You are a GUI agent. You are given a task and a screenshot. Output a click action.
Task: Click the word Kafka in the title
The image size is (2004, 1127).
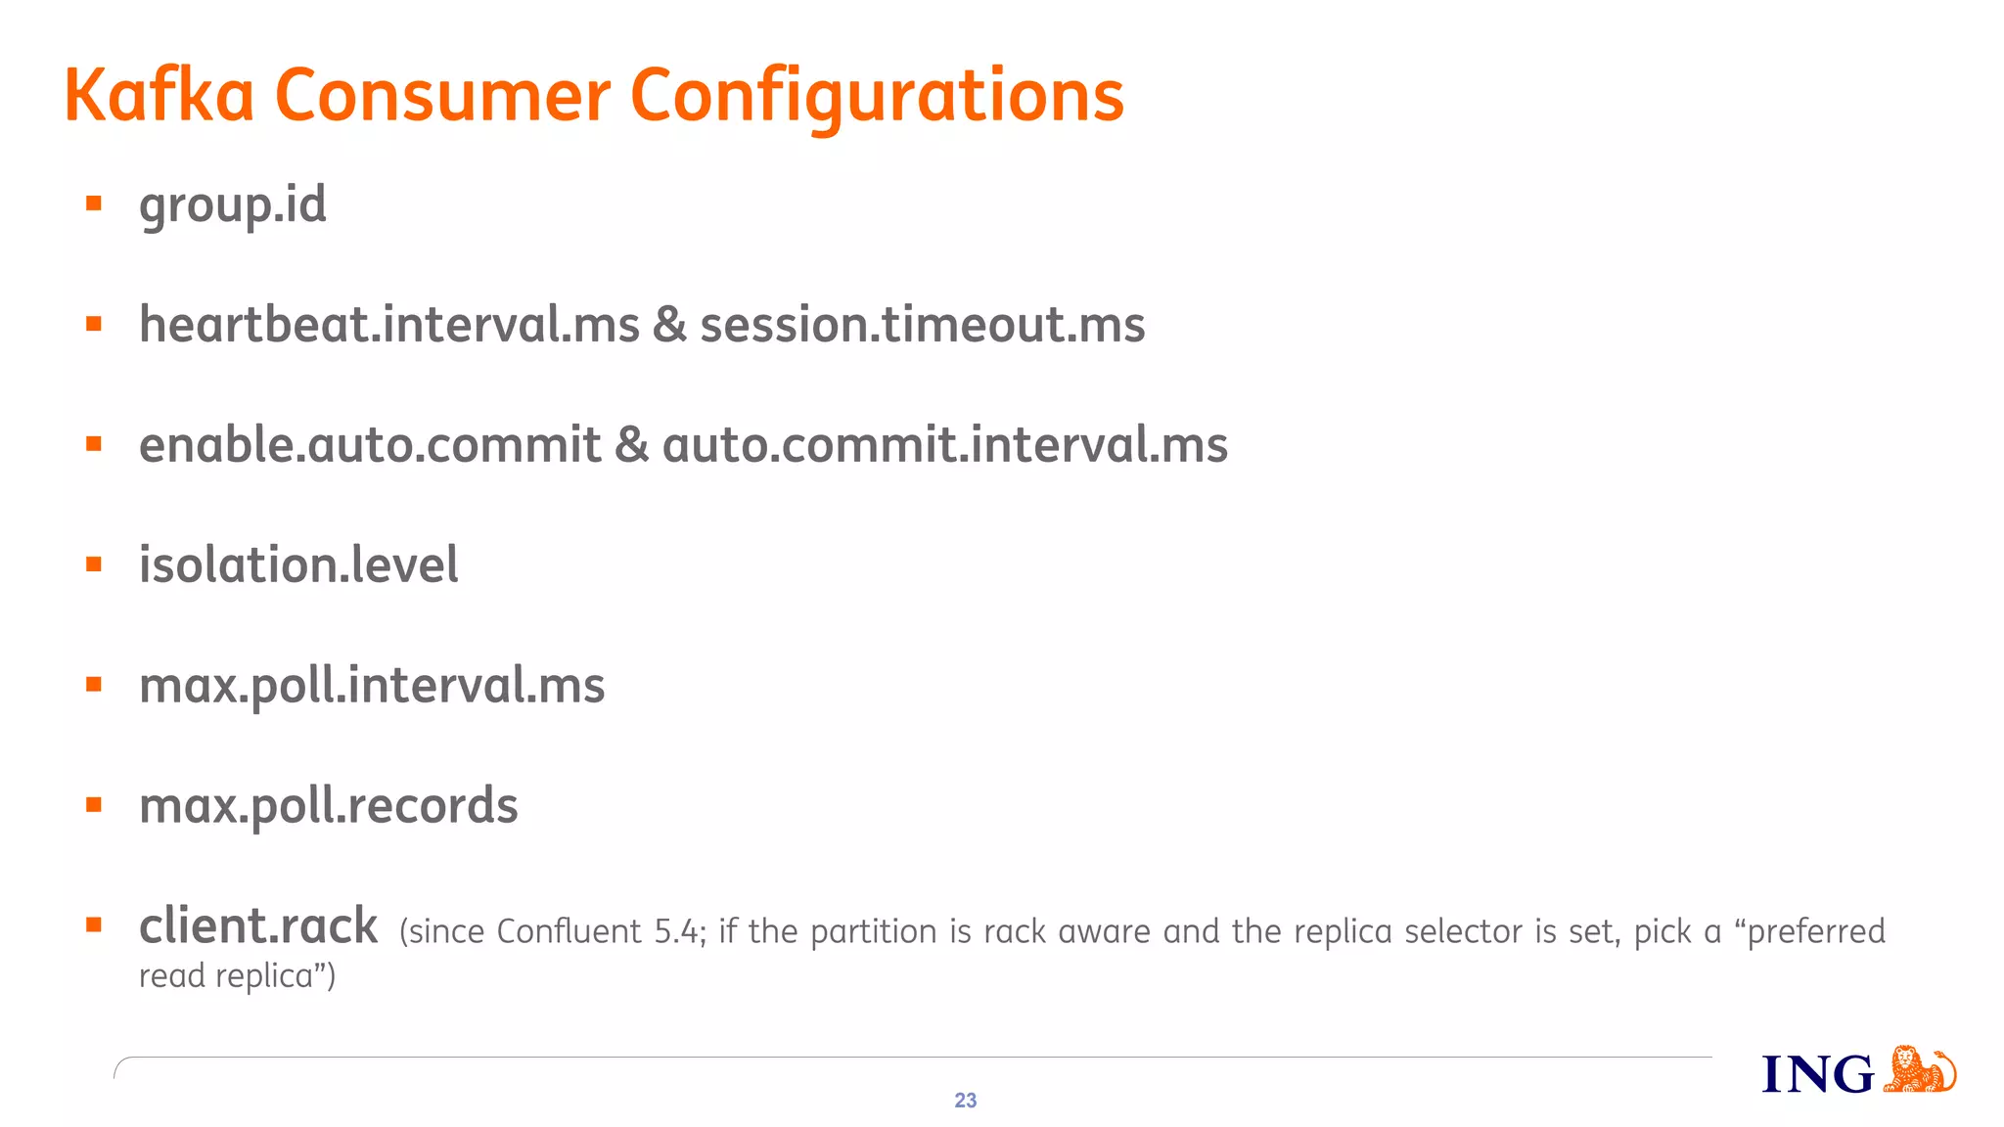159,96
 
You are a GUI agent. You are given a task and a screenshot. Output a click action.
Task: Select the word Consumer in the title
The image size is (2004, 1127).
442,96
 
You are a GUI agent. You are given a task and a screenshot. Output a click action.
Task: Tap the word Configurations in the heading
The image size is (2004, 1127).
877,98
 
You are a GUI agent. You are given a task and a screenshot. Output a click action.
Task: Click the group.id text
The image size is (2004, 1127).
232,205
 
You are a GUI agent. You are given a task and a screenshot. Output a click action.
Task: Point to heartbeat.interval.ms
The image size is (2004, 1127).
388,325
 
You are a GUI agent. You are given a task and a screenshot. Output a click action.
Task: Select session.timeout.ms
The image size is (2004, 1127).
922,325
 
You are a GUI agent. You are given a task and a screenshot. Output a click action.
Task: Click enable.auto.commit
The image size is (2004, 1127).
370,445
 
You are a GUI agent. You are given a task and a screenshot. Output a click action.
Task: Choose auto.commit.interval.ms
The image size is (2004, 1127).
944,445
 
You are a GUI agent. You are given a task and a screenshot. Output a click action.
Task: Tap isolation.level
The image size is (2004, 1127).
298,565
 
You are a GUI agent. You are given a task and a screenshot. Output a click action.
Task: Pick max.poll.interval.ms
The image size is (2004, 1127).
372,686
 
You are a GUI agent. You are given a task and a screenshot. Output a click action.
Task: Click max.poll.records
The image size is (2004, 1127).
328,806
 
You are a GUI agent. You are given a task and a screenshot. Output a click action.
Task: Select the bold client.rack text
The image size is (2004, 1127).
258,926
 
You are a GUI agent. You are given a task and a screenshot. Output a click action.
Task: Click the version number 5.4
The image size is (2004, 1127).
677,931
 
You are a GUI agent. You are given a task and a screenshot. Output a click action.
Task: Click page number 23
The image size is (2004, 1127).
965,1101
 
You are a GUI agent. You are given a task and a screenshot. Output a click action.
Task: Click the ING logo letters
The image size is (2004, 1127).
1817,1074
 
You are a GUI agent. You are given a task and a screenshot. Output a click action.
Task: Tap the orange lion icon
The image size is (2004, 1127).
1919,1069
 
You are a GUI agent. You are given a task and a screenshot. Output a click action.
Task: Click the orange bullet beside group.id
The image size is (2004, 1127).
94,203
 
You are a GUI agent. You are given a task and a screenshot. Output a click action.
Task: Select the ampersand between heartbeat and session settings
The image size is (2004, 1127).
669,325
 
